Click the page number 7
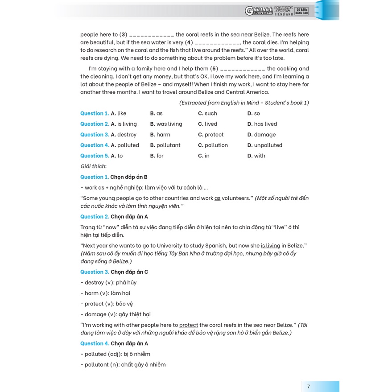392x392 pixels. click(308, 386)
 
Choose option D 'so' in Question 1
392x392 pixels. click(256, 113)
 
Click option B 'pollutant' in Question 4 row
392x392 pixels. click(168, 145)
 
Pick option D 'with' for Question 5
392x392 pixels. click(259, 156)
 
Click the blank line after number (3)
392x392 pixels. click(152, 35)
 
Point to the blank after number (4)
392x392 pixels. click(218, 43)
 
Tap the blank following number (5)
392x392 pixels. click(243, 69)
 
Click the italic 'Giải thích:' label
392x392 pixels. click(93, 166)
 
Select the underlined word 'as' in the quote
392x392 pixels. click(217, 198)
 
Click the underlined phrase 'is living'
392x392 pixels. click(270, 246)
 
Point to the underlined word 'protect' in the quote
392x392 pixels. click(188, 325)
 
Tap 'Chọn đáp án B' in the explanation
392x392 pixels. click(129, 177)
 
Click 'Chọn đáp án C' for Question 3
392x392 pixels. click(129, 272)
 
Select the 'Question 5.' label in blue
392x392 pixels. click(94, 156)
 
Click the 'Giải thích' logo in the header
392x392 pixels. click(259, 11)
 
